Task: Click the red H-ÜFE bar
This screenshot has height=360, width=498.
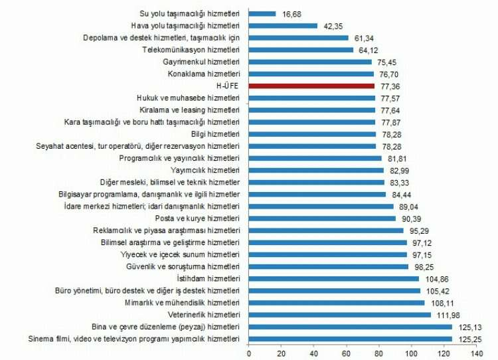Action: click(x=311, y=86)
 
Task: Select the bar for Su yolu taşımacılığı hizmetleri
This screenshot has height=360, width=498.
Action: click(x=262, y=13)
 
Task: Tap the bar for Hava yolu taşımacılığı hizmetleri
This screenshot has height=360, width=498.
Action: click(x=283, y=25)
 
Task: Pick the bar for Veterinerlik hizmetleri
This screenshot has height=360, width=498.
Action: click(x=339, y=315)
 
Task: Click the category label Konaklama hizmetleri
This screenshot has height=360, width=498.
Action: click(x=203, y=74)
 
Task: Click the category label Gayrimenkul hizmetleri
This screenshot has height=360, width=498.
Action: click(x=201, y=62)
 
